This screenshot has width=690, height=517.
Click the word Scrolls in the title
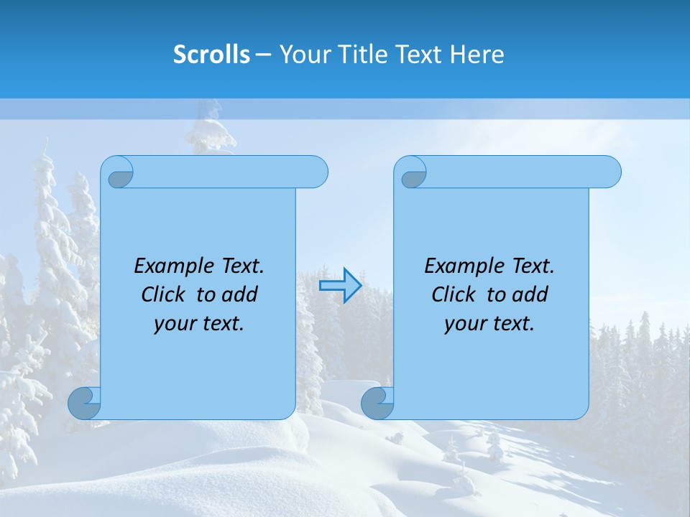click(211, 55)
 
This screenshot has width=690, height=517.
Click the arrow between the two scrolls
click(340, 286)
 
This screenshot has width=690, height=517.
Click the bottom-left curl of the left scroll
click(84, 404)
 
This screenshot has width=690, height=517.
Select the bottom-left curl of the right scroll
click(377, 404)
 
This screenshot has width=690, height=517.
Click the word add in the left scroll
click(239, 294)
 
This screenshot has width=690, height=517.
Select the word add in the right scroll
click(530, 294)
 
